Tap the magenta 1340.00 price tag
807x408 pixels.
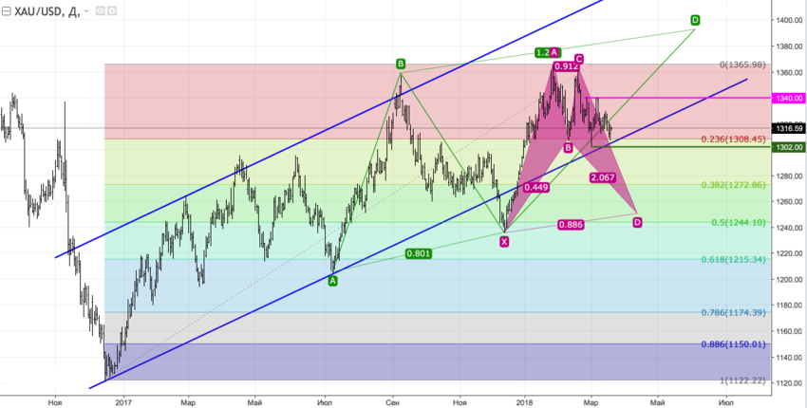click(x=788, y=98)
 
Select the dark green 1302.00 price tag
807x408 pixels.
click(x=788, y=147)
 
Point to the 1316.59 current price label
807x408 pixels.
click(x=788, y=128)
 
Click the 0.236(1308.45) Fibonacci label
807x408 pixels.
click(x=731, y=139)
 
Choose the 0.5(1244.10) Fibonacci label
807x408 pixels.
click(x=735, y=222)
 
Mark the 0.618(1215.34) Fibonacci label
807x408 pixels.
click(x=731, y=259)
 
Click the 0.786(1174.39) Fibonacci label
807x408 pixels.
click(x=731, y=312)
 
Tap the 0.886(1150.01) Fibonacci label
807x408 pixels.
click(x=731, y=344)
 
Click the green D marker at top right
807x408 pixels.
click(x=695, y=20)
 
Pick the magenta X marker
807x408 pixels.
click(x=504, y=242)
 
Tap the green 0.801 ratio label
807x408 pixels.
click(x=419, y=253)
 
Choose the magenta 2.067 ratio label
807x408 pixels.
click(x=602, y=177)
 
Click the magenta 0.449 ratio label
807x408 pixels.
click(x=537, y=188)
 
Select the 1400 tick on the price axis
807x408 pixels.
click(x=787, y=20)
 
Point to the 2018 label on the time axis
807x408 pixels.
click(x=526, y=403)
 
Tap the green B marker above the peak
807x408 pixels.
click(x=401, y=64)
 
